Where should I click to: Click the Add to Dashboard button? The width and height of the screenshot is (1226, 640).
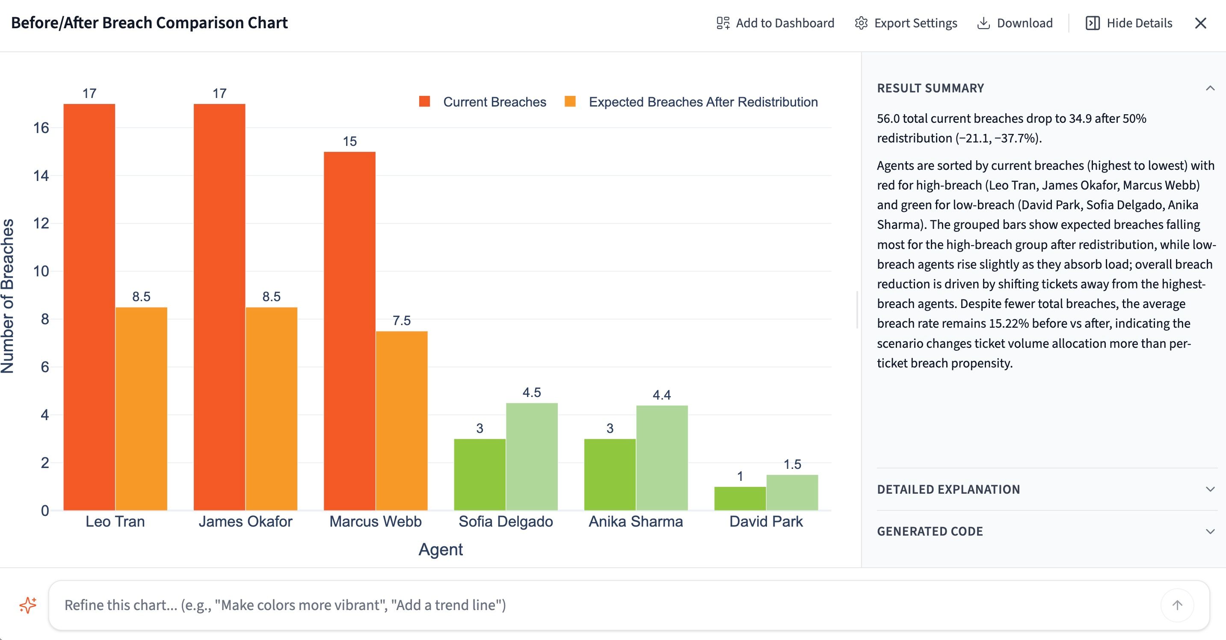point(775,23)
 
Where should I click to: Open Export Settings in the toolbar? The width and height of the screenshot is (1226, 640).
point(906,23)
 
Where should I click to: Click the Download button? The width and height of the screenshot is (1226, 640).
point(1015,23)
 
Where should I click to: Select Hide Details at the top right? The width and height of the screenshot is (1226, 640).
point(1129,23)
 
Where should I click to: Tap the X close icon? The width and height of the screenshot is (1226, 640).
point(1200,23)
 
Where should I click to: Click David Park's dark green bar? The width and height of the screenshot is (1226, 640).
point(740,498)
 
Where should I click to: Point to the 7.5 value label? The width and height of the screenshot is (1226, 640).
point(401,320)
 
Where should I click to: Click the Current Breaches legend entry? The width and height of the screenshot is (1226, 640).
point(483,102)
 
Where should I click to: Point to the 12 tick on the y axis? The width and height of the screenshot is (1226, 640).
point(41,223)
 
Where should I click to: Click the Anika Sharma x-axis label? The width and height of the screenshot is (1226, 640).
point(635,521)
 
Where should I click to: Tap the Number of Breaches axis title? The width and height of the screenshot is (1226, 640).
point(8,296)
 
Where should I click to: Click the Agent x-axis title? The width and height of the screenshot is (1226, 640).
point(440,549)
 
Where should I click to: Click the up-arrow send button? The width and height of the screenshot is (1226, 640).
point(1177,605)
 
